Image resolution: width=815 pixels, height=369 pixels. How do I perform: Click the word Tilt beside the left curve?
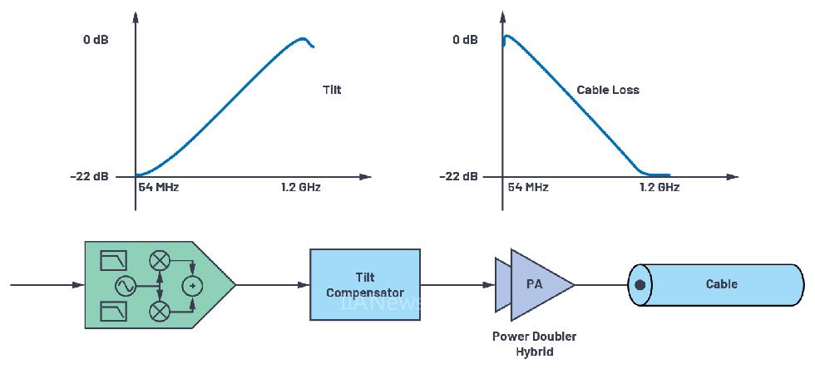331,90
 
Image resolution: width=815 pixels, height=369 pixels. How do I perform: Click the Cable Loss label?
608,90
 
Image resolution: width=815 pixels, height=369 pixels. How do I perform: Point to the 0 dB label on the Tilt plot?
96,40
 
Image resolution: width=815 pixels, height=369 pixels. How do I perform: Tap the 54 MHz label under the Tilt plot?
158,188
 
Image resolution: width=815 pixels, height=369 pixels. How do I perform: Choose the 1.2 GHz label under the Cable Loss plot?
659,188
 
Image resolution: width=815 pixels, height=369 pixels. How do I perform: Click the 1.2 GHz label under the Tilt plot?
300,188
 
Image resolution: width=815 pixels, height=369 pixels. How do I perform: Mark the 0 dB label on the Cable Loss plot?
466,40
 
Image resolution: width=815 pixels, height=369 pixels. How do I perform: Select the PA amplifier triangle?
536,284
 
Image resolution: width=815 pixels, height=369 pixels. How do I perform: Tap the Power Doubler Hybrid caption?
534,344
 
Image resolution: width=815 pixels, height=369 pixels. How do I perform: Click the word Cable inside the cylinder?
721,284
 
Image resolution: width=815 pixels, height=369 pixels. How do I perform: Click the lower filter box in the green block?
112,312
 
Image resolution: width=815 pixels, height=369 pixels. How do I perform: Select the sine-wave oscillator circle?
126,286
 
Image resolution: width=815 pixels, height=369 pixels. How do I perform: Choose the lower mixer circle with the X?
159,312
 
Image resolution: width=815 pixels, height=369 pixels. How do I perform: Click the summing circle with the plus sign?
192,286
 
